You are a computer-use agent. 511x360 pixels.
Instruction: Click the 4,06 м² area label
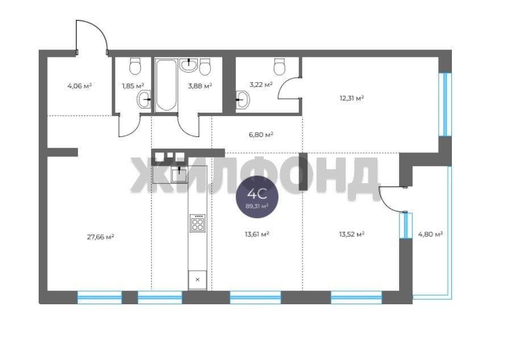click(x=80, y=86)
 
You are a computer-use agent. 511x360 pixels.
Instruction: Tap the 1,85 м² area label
click(x=133, y=86)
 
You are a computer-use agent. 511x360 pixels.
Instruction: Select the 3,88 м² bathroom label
click(x=200, y=86)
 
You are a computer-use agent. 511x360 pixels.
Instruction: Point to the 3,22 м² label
click(x=261, y=85)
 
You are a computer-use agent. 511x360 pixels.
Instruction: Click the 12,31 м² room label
click(x=352, y=98)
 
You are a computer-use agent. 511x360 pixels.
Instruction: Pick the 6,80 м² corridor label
click(x=261, y=134)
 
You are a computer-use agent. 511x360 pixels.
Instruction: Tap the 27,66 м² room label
click(x=101, y=237)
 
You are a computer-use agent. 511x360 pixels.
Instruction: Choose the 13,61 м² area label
click(x=257, y=234)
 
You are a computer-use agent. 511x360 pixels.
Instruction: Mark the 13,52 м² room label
click(x=352, y=234)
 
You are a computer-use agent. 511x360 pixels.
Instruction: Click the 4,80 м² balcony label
click(x=430, y=234)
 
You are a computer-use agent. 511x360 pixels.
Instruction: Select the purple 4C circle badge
click(x=257, y=197)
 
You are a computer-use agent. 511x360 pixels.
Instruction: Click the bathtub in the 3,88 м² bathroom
click(x=166, y=85)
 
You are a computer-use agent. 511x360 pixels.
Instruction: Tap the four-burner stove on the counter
click(x=197, y=224)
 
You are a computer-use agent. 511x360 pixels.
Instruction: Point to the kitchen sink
click(x=180, y=175)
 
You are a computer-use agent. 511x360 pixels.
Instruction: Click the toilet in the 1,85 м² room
click(x=135, y=66)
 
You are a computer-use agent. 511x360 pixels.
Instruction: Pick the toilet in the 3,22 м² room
click(x=280, y=66)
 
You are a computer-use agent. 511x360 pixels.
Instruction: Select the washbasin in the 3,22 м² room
click(x=243, y=99)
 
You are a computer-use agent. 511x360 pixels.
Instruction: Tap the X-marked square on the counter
click(x=197, y=279)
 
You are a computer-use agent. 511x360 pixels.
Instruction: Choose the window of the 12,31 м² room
click(x=445, y=104)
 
